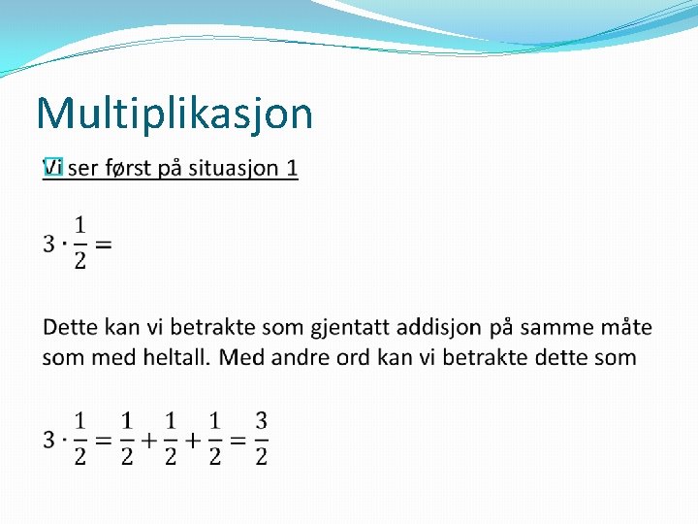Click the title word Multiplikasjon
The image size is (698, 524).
(x=174, y=114)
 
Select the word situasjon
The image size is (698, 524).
(x=232, y=169)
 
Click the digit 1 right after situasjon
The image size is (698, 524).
(x=292, y=169)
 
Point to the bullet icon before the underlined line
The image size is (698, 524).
(x=52, y=169)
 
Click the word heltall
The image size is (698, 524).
(x=175, y=357)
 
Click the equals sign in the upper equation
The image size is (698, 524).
(x=103, y=244)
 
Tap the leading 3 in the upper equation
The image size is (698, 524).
(x=49, y=244)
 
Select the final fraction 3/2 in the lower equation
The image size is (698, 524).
(x=261, y=439)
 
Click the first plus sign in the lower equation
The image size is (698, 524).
(x=148, y=440)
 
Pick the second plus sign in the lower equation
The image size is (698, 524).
(x=193, y=440)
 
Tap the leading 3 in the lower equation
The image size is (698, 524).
(x=49, y=440)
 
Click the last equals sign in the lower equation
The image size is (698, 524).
(x=237, y=440)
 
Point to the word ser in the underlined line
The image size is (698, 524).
(x=84, y=169)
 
